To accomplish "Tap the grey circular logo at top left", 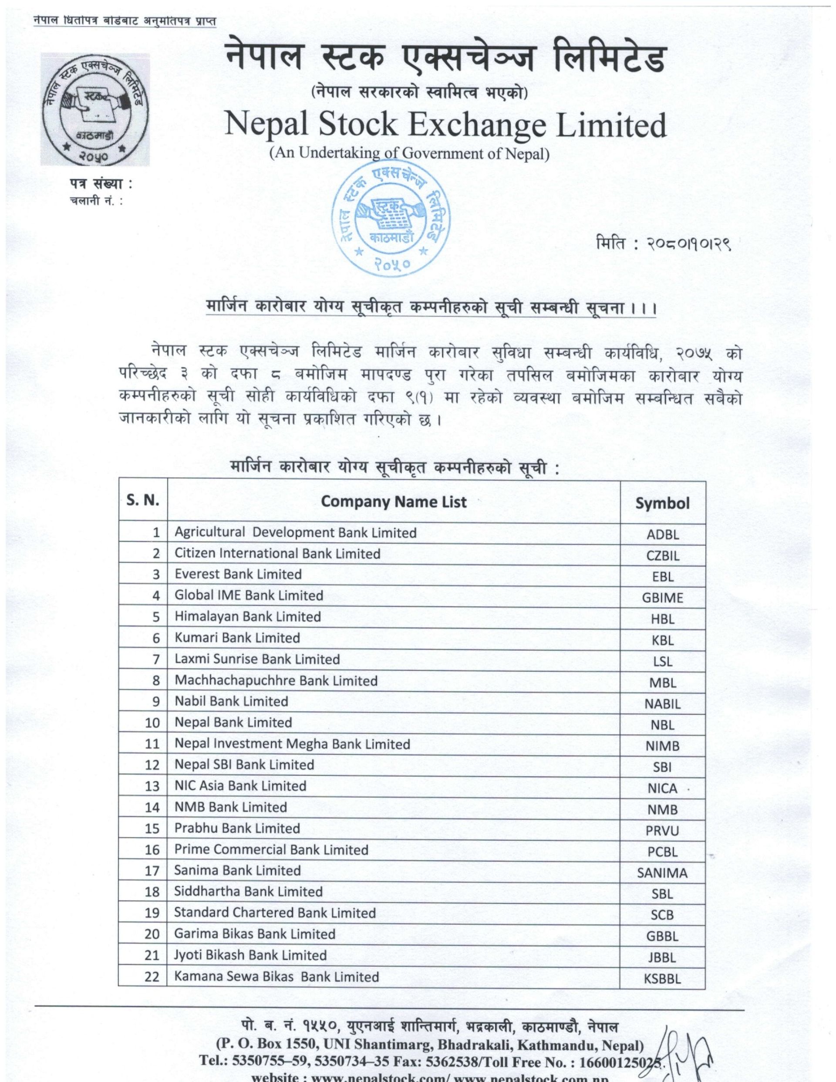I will (x=94, y=109).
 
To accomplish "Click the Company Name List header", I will (x=394, y=502).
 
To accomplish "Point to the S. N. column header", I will (x=143, y=500).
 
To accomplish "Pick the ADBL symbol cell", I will (x=662, y=534).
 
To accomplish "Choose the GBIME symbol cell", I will (x=662, y=598).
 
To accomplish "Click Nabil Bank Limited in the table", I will (x=231, y=701).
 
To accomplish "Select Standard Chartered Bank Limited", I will (x=275, y=913).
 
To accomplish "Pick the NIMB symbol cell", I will (x=662, y=746).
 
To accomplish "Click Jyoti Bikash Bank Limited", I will (x=250, y=955).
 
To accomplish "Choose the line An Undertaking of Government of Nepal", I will (x=409, y=153).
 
